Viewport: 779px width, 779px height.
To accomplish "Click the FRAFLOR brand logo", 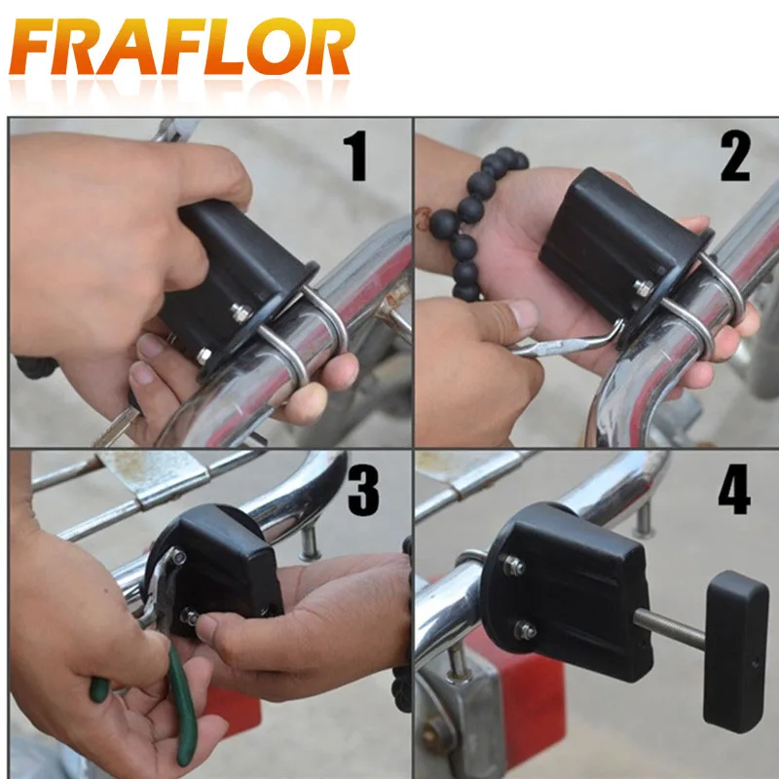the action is coord(182,46).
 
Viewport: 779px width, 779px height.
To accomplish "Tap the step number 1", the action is coord(355,156).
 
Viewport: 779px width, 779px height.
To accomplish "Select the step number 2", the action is coord(735,157).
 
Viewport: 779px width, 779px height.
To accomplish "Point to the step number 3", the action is coord(363,490).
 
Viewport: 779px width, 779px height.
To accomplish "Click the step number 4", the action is coord(734,489).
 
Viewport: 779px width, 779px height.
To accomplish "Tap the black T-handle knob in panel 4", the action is coord(735,651).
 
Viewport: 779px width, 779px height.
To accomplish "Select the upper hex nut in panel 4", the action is coord(513,565).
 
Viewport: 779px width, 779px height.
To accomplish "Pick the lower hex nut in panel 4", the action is coord(525,631).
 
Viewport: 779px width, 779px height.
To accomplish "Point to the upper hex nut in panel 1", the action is coord(241,313).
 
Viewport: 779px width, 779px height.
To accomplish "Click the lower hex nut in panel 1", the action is coord(204,355).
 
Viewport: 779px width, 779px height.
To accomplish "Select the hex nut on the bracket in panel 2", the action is coord(644,287).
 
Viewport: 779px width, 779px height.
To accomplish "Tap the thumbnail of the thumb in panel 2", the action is coord(524,315).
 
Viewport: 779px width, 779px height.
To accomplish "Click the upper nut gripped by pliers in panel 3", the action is coord(177,556).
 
